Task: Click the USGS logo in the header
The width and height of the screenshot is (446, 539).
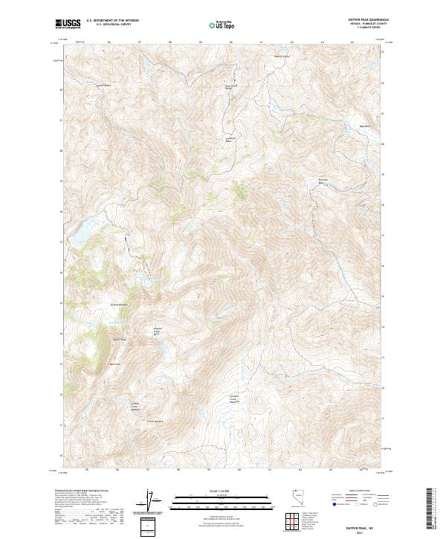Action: (x=68, y=24)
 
